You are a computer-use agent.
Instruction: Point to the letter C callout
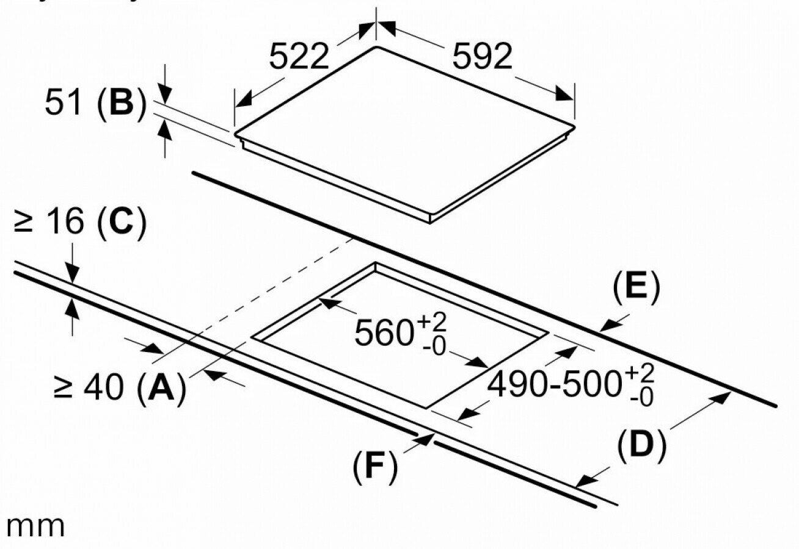(122, 222)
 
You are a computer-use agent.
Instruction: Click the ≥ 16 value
(49, 222)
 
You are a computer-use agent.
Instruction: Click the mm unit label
(34, 526)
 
